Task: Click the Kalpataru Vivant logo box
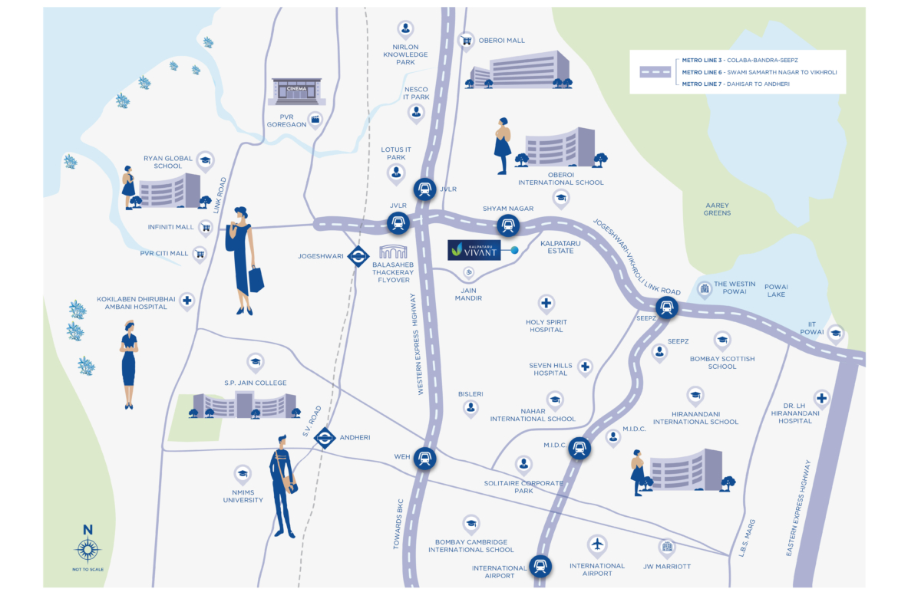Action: (474, 250)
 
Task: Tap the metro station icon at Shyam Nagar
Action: (507, 225)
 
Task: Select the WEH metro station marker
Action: (424, 459)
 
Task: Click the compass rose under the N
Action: (87, 550)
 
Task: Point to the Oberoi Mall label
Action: (502, 41)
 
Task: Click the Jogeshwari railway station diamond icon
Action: (358, 256)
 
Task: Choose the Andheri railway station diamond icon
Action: (325, 438)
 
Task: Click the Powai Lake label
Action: (775, 291)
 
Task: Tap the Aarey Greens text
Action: (718, 209)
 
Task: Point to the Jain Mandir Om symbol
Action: (467, 272)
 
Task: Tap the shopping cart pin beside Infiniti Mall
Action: (205, 227)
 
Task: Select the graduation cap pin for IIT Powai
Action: (835, 333)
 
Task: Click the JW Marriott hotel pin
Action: (667, 547)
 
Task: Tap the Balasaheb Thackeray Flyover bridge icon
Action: (393, 252)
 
